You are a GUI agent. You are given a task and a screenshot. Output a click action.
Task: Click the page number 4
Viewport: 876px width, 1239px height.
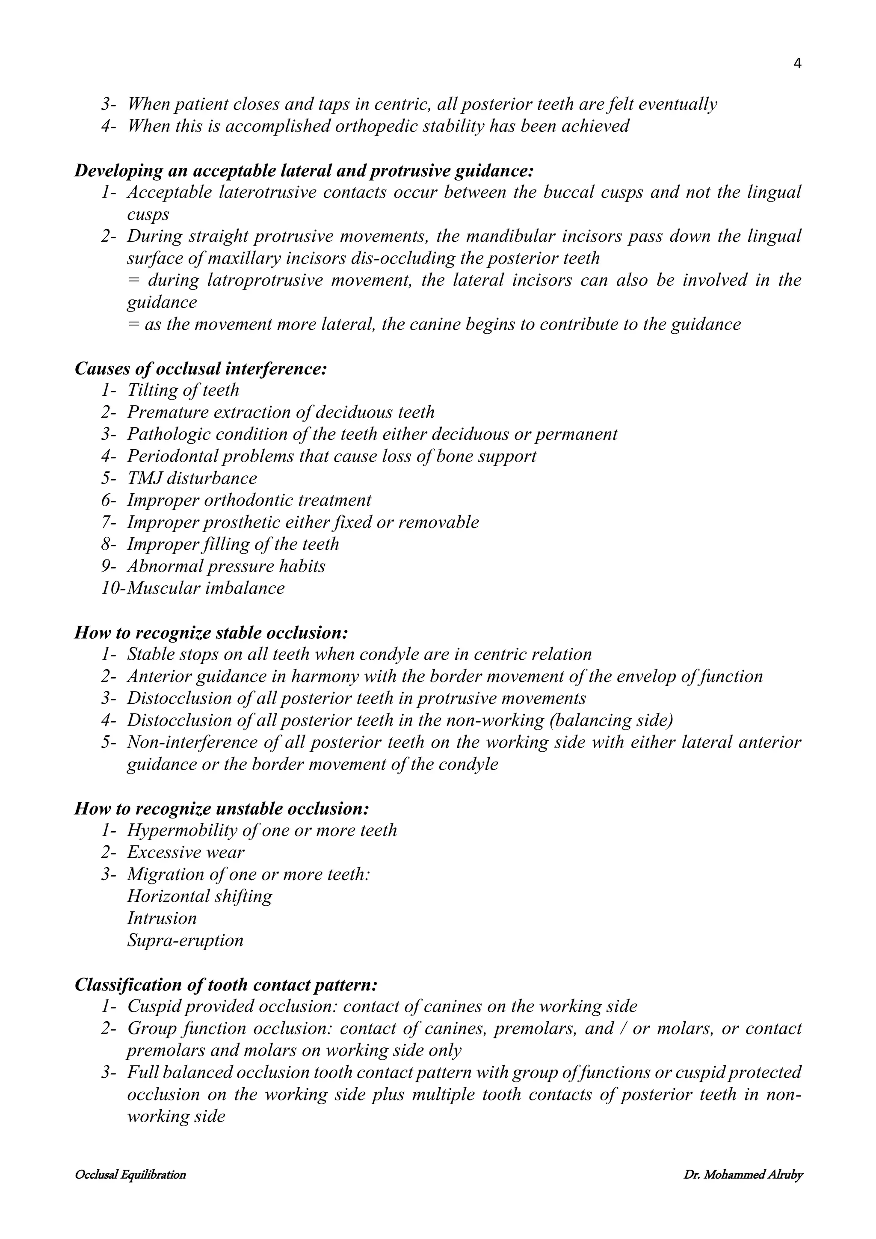tap(798, 64)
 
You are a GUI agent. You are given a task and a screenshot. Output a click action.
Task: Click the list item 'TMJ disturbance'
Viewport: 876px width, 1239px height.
tap(192, 478)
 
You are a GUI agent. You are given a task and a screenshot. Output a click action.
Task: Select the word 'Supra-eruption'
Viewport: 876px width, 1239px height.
tap(185, 940)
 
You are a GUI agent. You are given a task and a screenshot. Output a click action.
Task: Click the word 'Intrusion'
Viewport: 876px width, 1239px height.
tap(162, 918)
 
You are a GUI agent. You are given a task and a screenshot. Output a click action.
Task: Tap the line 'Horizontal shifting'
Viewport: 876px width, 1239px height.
tap(200, 896)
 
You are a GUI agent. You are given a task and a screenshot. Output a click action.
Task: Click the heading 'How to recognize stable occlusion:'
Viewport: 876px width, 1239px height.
tap(211, 632)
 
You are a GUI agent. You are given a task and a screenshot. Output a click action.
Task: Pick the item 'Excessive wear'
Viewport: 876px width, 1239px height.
tap(186, 852)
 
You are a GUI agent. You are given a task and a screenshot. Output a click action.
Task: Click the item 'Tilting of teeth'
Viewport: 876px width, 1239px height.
tap(183, 390)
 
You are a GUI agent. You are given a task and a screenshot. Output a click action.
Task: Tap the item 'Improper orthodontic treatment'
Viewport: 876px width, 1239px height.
tap(249, 500)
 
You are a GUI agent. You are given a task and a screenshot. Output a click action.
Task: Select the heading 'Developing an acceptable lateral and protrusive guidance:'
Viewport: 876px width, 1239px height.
tap(304, 171)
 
